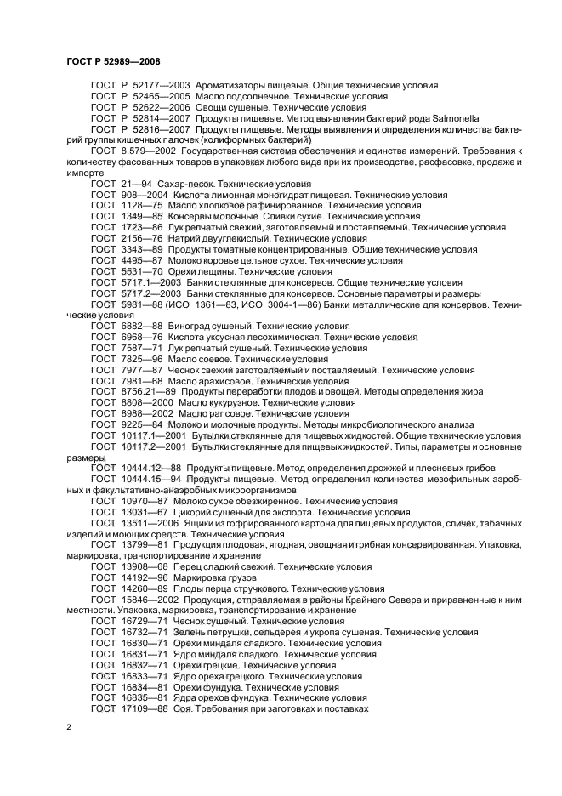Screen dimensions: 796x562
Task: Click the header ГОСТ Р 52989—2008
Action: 112,60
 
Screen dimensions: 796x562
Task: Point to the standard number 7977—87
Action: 137,370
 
